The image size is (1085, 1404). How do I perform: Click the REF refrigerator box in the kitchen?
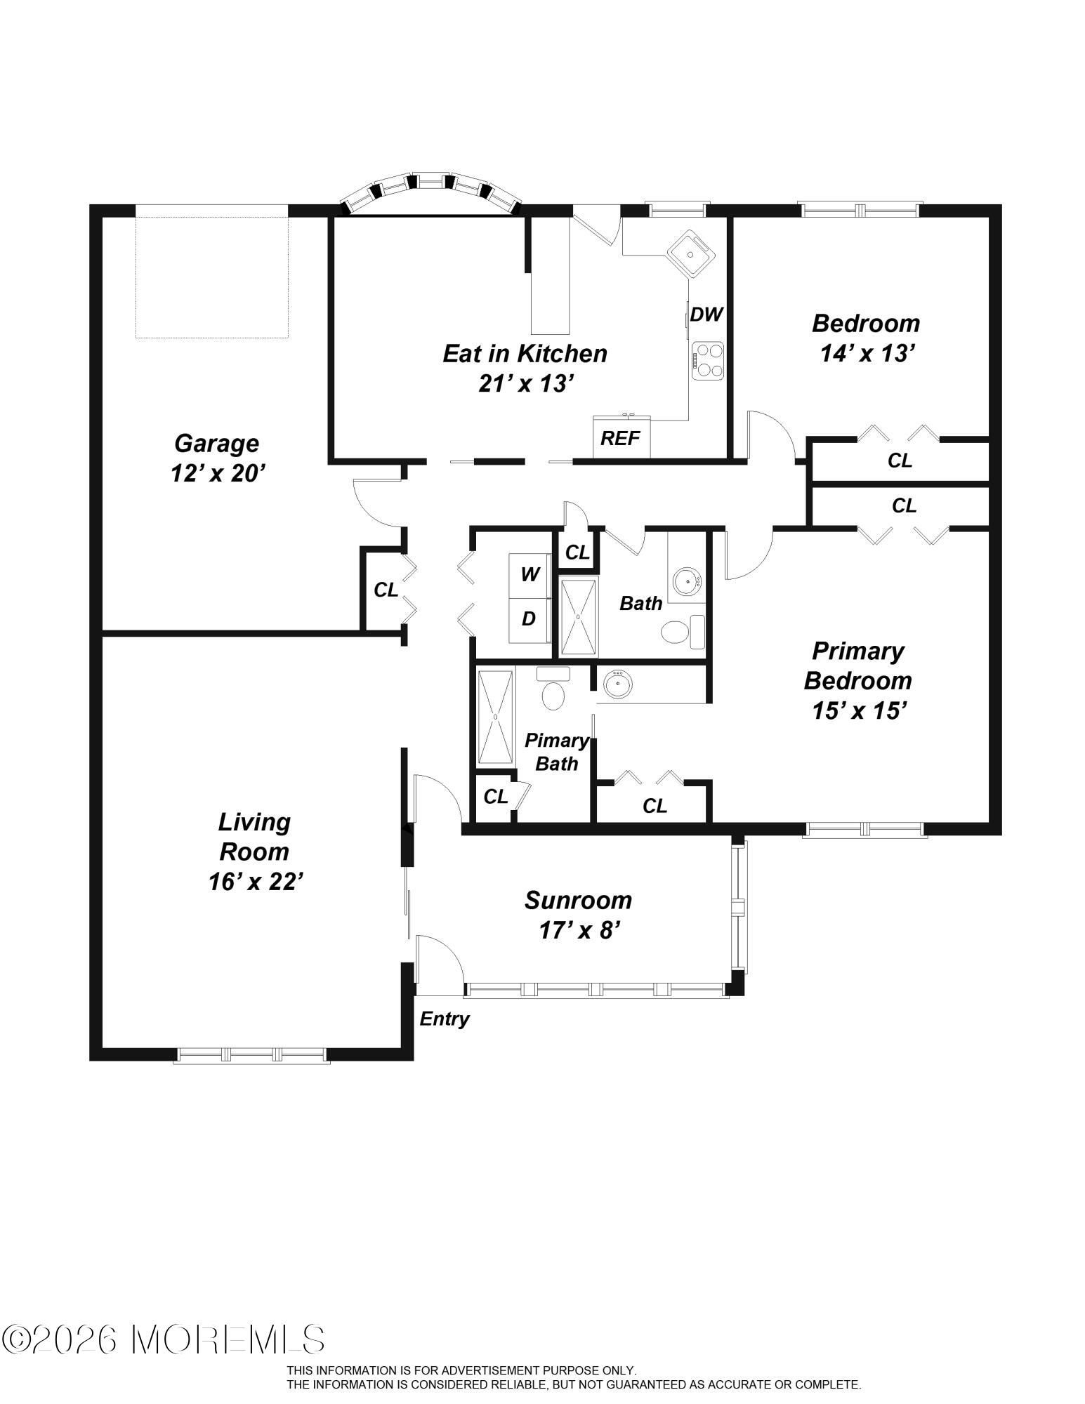click(x=622, y=437)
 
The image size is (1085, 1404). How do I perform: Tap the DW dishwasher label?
click(x=706, y=314)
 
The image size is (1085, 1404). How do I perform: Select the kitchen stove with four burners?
click(x=707, y=361)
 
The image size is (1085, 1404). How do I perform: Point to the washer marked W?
click(x=530, y=575)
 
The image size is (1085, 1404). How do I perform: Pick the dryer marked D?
click(x=530, y=619)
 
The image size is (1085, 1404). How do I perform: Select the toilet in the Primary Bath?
click(x=554, y=689)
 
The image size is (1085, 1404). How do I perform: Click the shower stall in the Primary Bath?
click(x=496, y=717)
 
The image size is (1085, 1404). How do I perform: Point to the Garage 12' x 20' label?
click(x=217, y=458)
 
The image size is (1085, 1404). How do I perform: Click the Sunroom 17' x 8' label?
click(x=579, y=915)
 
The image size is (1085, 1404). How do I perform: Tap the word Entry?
click(x=445, y=1019)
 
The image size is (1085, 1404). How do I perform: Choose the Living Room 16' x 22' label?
click(x=255, y=852)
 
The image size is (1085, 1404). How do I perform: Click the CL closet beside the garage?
click(x=386, y=590)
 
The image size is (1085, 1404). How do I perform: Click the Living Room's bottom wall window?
click(x=251, y=1054)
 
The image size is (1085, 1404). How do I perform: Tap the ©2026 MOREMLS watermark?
click(x=163, y=1339)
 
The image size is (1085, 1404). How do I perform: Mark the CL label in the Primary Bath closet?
click(x=496, y=797)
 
